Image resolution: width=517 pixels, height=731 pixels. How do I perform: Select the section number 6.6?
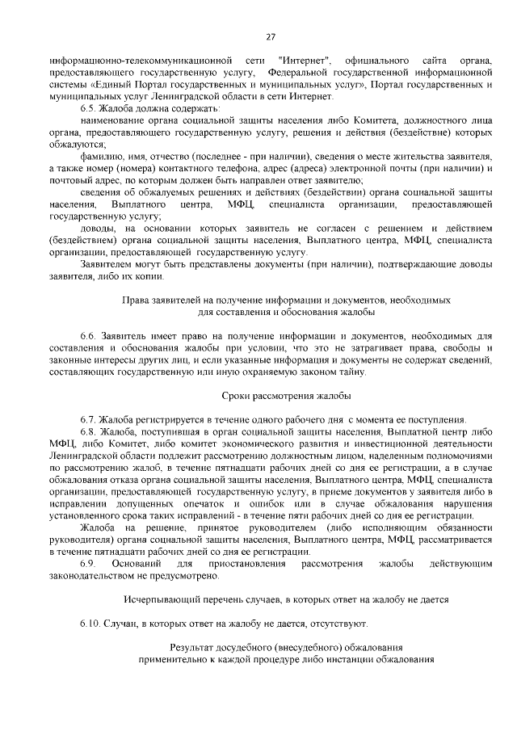tap(89, 335)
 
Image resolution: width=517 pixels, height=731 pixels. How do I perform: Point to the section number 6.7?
tap(89, 418)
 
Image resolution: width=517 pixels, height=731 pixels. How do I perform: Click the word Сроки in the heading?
tap(237, 396)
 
